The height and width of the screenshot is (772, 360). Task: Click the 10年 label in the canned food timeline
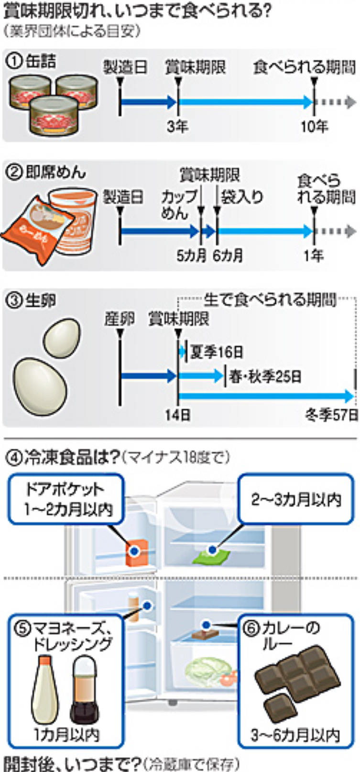click(x=314, y=126)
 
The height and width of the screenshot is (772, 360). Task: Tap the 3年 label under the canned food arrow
click(x=177, y=126)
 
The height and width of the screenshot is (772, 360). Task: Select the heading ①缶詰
click(x=32, y=61)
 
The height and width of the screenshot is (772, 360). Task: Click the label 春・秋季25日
click(x=265, y=377)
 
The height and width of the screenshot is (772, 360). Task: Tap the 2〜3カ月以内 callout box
click(x=296, y=499)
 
